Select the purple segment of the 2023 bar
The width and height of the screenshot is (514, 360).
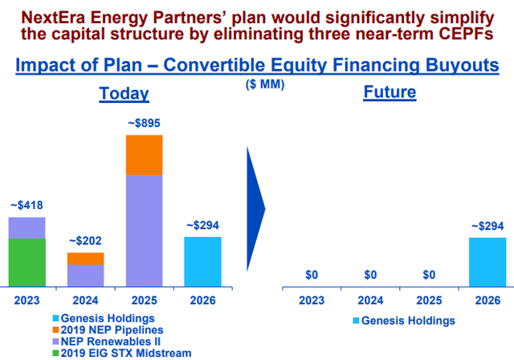coord(26,227)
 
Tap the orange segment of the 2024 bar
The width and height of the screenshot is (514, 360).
coord(85,259)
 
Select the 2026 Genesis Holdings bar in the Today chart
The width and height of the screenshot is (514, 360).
coord(202,262)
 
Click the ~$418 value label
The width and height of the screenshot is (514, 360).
coord(26,207)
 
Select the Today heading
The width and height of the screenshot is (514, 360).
coord(124,93)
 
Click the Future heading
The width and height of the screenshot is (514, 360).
coord(390,92)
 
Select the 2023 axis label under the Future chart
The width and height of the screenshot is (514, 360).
coord(312,303)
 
